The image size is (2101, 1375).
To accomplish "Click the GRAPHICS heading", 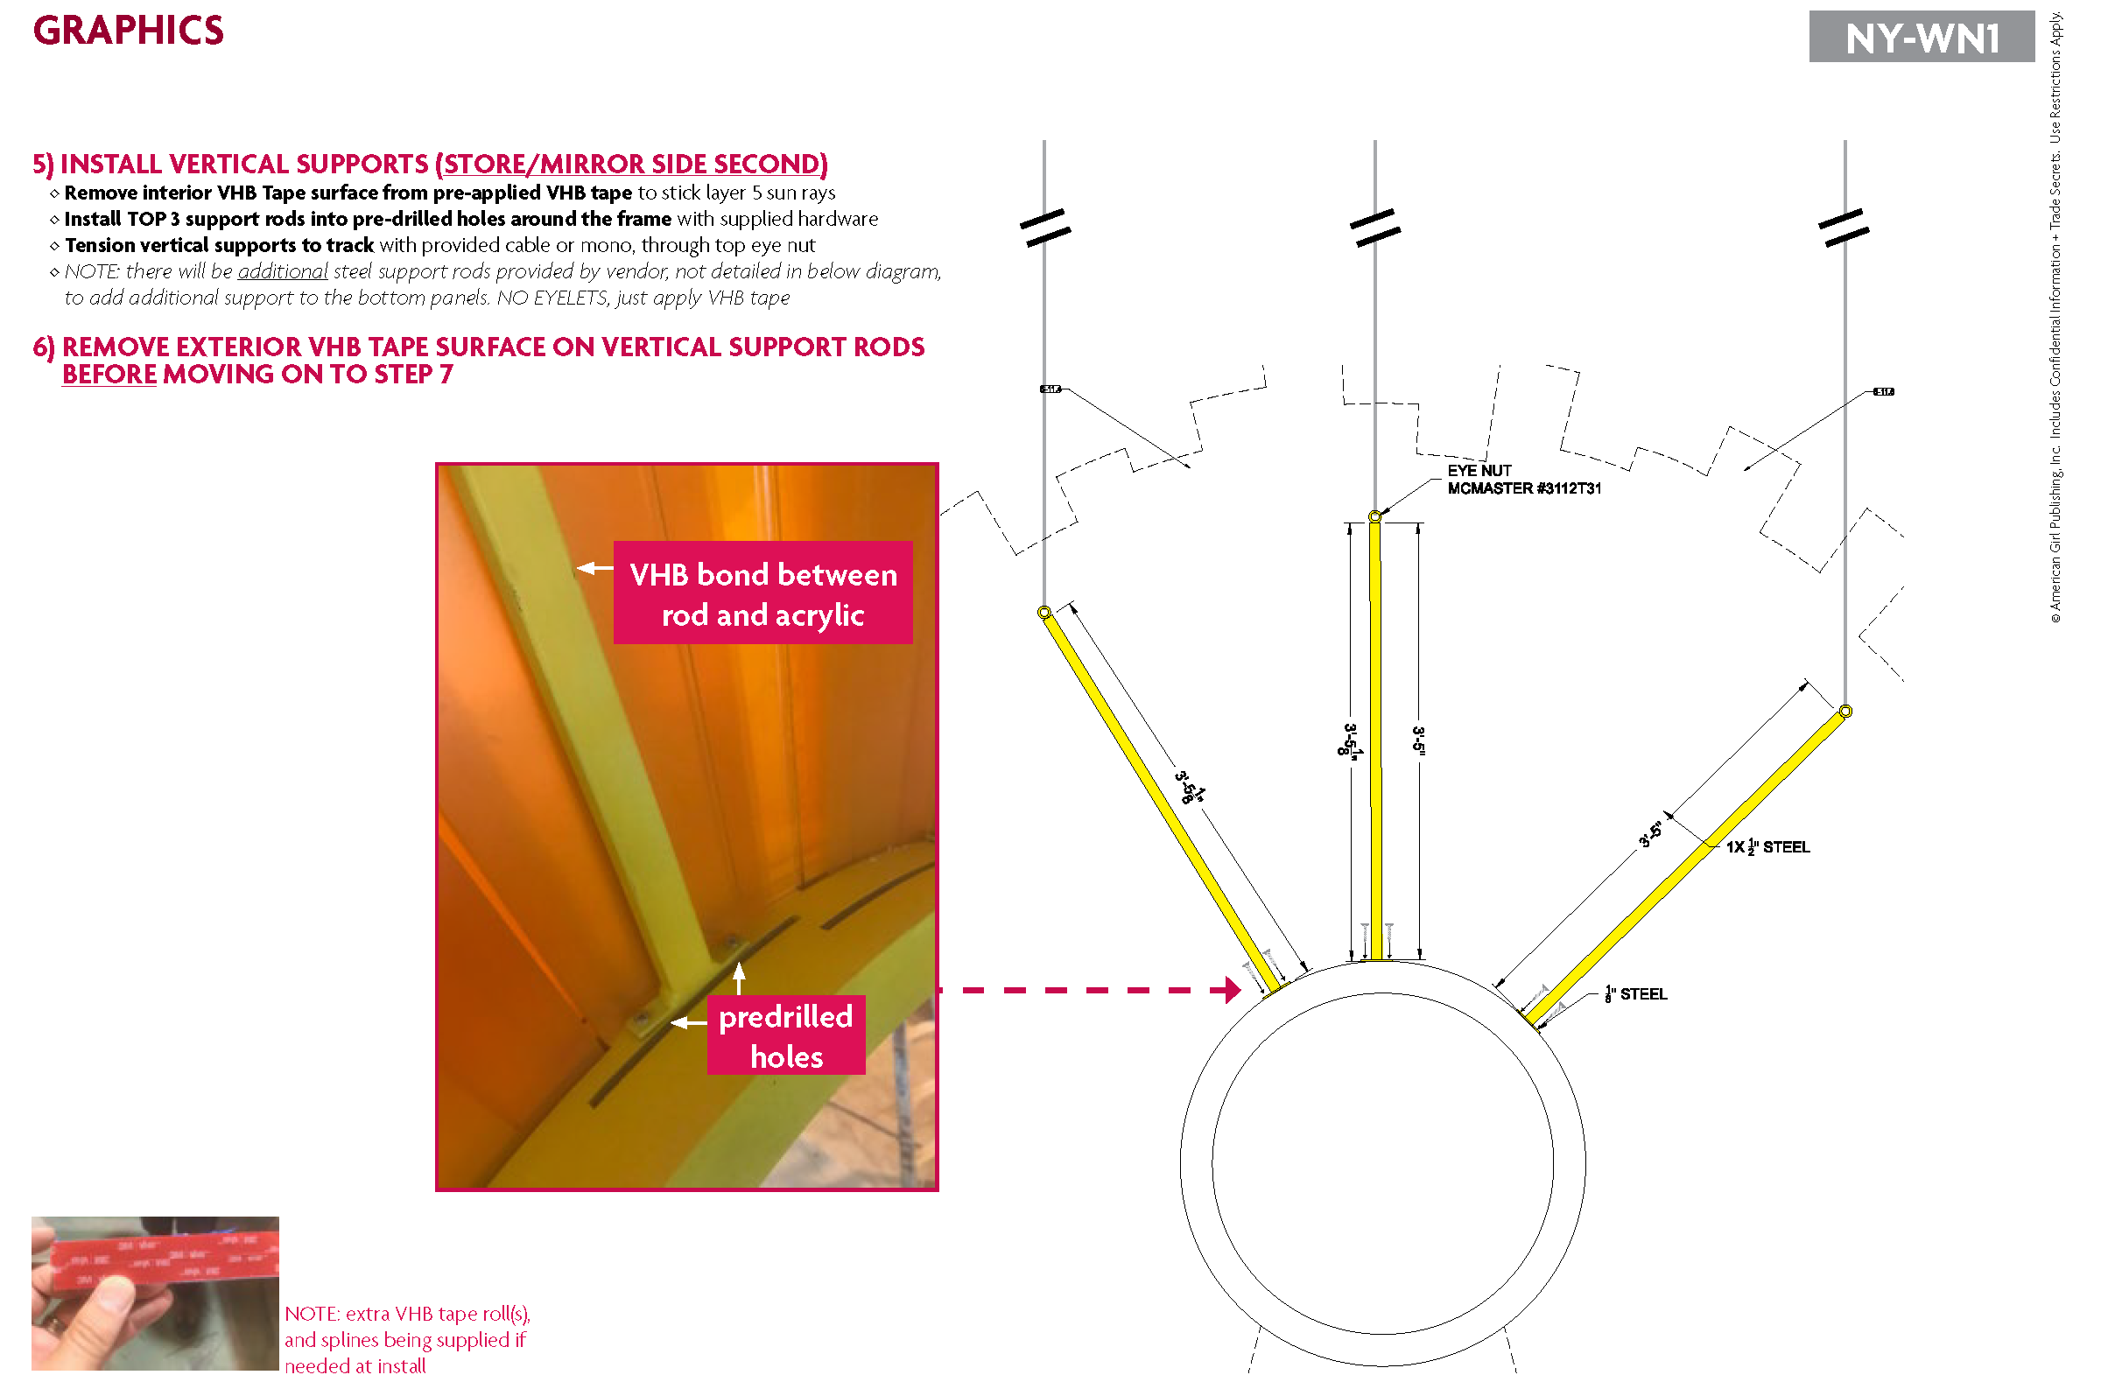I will click(x=128, y=31).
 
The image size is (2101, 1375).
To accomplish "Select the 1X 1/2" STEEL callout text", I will click(x=1767, y=847).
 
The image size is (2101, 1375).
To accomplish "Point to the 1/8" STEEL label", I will click(x=1635, y=993).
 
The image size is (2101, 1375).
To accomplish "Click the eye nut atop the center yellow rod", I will click(x=1374, y=516).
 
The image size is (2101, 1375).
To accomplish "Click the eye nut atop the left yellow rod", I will click(x=1043, y=612).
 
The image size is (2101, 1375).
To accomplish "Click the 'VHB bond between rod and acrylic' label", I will click(x=762, y=593).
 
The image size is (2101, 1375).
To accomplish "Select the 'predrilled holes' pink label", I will click(x=785, y=1035).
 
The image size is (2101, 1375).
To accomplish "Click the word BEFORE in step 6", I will click(x=109, y=375).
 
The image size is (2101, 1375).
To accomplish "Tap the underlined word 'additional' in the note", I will click(x=283, y=271).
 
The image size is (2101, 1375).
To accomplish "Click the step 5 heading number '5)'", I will click(x=42, y=165).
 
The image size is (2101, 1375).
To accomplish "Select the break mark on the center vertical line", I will click(x=1374, y=228).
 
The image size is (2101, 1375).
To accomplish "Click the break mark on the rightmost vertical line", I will click(x=1844, y=228).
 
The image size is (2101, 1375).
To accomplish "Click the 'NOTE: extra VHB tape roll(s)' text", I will click(x=406, y=1313).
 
